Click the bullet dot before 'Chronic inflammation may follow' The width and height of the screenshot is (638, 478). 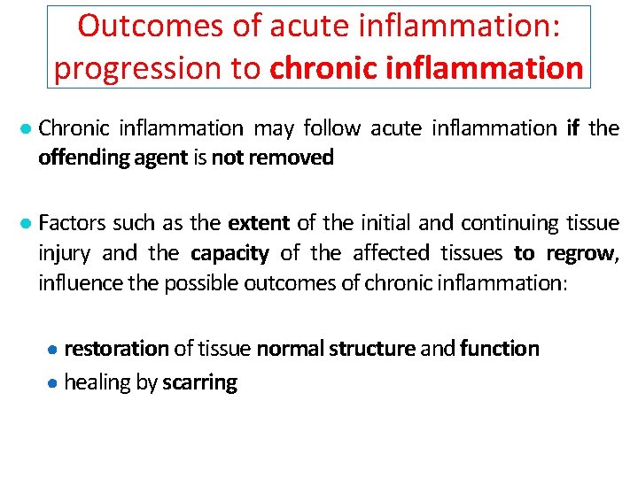tap(27, 129)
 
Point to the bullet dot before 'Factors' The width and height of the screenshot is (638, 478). tap(27, 223)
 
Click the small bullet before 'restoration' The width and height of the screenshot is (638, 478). tap(54, 350)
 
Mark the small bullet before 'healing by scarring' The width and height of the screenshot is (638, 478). tap(54, 383)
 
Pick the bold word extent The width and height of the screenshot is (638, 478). tap(260, 222)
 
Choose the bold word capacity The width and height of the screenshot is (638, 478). tap(230, 254)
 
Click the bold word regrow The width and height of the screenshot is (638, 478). tap(580, 254)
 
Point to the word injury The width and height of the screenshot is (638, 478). tap(64, 254)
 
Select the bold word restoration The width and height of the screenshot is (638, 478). tap(116, 349)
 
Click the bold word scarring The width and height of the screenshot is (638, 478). tap(200, 383)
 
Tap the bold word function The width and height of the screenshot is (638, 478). tap(500, 349)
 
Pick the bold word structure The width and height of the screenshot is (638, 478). tap(371, 349)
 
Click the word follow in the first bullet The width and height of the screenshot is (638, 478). tap(332, 128)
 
